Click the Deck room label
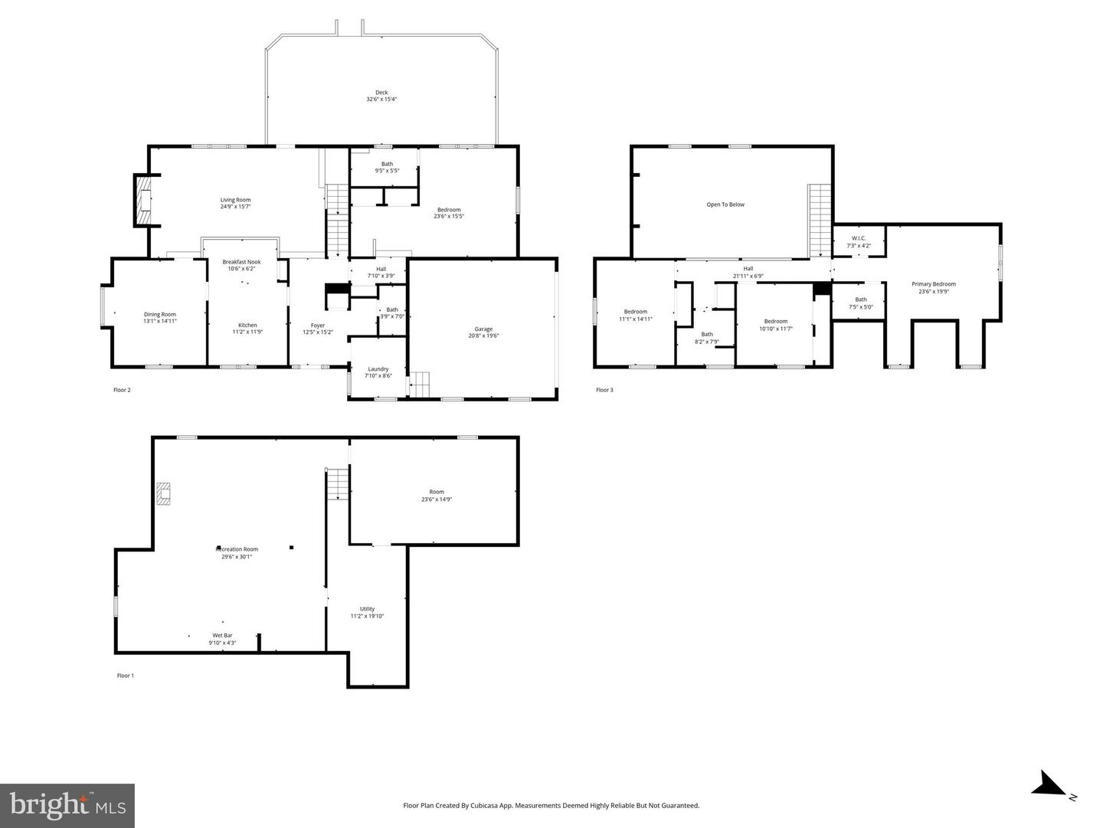381,93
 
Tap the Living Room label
235,200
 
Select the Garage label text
483,329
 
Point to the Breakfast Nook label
241,262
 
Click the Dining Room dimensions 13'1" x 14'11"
160,321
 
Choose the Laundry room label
378,369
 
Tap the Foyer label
317,326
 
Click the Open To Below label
725,205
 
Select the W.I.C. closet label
858,238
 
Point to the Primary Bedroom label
933,284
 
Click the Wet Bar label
222,636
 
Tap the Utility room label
367,609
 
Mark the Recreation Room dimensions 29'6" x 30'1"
237,557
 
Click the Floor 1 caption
125,676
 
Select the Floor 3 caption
604,390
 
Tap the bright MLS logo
67,805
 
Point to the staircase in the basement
338,483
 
